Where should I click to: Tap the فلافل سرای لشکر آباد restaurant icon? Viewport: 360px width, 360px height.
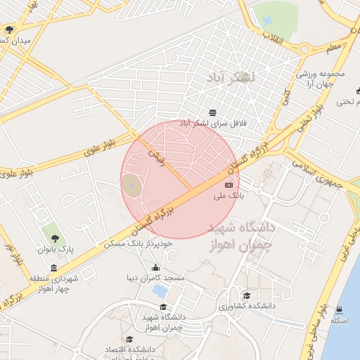pyautogui.click(x=213, y=112)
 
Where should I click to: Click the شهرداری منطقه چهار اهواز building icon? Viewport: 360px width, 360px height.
pyautogui.click(x=54, y=268)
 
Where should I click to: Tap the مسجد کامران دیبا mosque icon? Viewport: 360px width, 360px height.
pyautogui.click(x=155, y=268)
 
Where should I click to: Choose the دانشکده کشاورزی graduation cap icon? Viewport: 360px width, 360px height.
pyautogui.click(x=246, y=297)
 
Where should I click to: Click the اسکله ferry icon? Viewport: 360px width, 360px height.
pyautogui.click(x=340, y=310)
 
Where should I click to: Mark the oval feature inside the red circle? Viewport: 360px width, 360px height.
pyautogui.click(x=131, y=186)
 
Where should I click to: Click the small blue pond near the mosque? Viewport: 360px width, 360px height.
pyautogui.click(x=160, y=290)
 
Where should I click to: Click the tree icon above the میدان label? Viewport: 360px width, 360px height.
pyautogui.click(x=9, y=30)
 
